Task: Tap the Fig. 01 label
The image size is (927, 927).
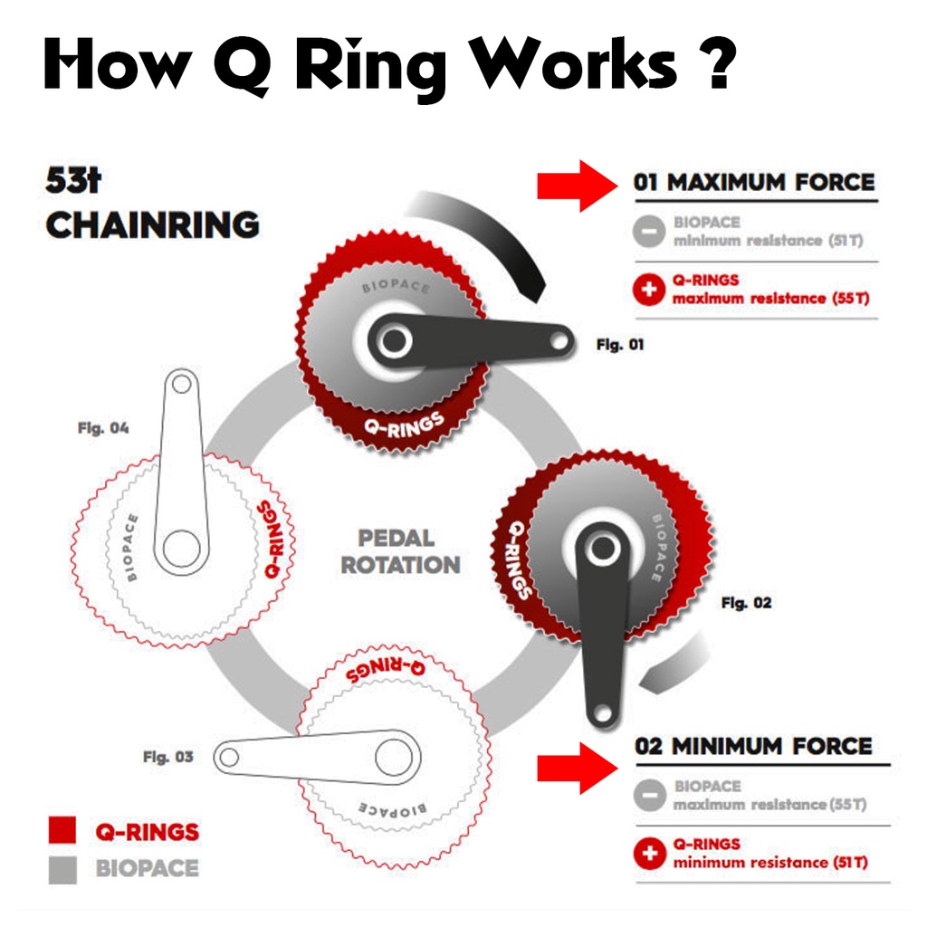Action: [x=620, y=345]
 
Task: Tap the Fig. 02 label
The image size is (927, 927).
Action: [x=747, y=602]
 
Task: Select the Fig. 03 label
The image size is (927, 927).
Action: [x=167, y=757]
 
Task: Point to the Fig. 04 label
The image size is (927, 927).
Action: [x=102, y=427]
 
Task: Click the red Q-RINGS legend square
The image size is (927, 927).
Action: [x=62, y=831]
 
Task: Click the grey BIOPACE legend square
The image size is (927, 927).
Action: [x=62, y=869]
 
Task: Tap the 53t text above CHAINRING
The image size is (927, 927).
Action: [x=73, y=180]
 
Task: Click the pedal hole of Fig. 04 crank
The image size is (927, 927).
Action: [x=181, y=384]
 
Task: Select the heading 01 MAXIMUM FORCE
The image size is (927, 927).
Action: [x=754, y=182]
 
